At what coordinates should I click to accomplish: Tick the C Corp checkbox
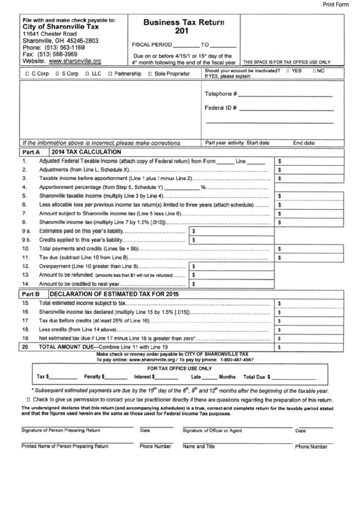tap(26, 72)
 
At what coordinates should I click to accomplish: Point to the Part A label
tap(33, 152)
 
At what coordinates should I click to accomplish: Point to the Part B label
tap(33, 293)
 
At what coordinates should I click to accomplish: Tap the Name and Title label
tap(198, 446)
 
